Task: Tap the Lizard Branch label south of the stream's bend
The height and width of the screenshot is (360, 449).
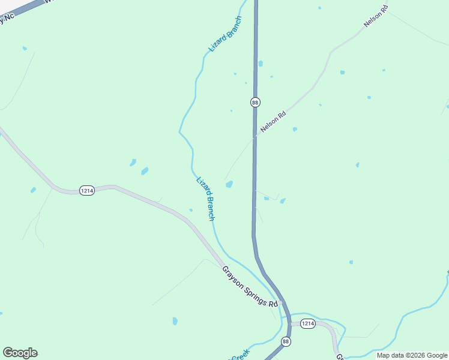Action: tap(205, 199)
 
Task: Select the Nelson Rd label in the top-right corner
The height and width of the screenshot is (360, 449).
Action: tap(376, 16)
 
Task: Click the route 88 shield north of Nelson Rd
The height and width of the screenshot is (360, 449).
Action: tap(255, 102)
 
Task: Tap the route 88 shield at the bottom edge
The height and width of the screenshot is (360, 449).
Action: tap(286, 341)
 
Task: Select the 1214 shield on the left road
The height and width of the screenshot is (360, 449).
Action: tap(86, 190)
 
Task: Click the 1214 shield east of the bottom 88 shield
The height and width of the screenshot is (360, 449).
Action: tap(307, 324)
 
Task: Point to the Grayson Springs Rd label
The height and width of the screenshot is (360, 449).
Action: tap(250, 287)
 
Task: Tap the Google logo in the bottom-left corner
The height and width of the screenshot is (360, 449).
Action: tap(20, 353)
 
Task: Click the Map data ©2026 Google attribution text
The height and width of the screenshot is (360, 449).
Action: tap(412, 355)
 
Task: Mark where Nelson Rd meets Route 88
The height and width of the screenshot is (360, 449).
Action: tap(255, 137)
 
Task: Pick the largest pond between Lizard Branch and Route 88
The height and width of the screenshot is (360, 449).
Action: tap(229, 184)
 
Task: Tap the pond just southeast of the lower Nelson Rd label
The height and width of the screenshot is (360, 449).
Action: tap(295, 129)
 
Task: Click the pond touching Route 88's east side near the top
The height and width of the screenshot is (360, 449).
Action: tap(260, 64)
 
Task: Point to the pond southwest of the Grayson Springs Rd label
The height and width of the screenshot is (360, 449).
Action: tap(175, 321)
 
